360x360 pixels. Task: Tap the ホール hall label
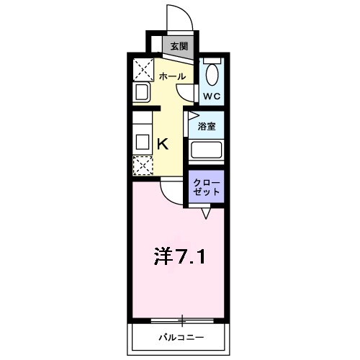(172, 76)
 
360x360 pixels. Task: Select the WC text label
(211, 96)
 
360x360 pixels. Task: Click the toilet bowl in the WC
(212, 74)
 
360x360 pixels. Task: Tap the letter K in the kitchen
(163, 143)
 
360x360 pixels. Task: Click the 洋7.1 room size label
(181, 256)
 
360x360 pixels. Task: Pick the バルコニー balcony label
(181, 337)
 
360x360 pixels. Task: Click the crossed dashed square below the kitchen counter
(143, 166)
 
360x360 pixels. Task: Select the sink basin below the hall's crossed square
(142, 93)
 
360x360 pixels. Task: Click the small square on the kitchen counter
(141, 140)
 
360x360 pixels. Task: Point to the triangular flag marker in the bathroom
(193, 115)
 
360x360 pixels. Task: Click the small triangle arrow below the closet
(206, 213)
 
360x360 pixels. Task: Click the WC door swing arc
(189, 92)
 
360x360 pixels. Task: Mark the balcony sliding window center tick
(183, 319)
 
